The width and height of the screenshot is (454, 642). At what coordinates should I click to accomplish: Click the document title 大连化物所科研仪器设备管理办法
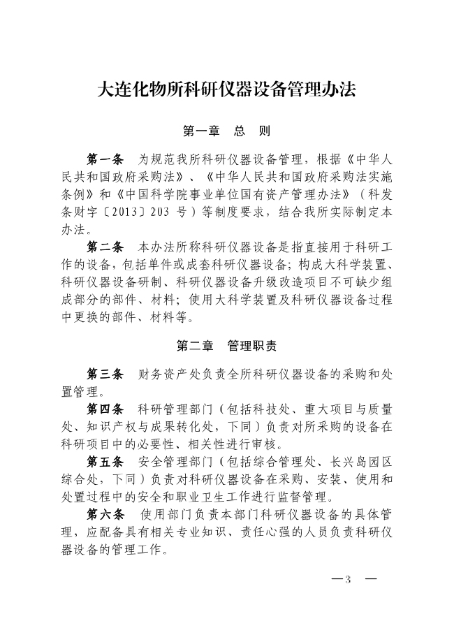(x=227, y=90)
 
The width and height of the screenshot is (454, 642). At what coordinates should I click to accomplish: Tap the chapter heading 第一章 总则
(x=226, y=131)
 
